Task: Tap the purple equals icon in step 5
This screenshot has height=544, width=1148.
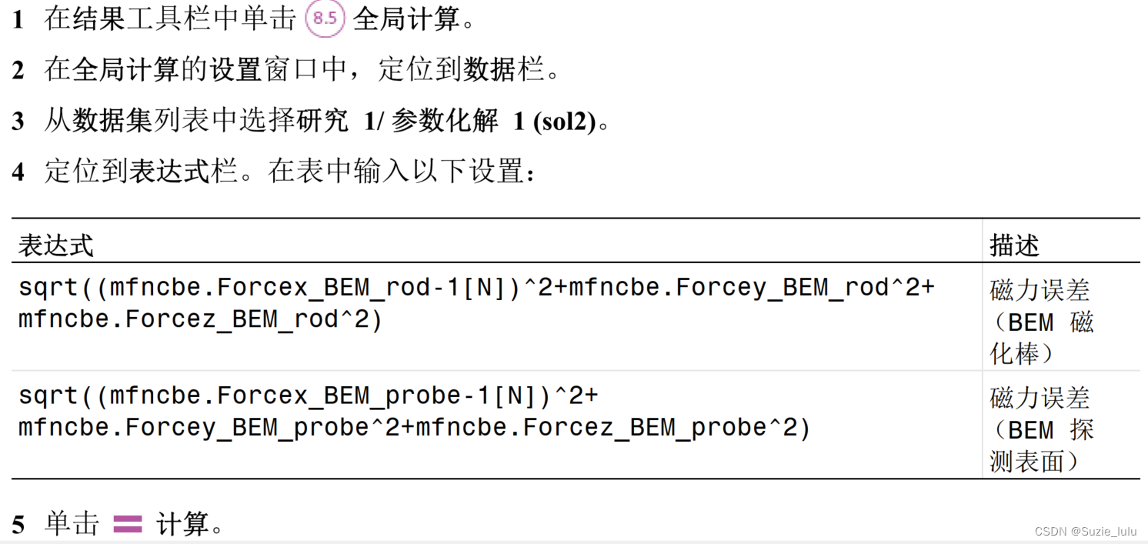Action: click(x=128, y=524)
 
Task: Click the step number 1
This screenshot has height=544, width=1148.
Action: click(x=18, y=20)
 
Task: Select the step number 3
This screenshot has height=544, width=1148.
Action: click(x=18, y=122)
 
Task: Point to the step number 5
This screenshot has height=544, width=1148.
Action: click(x=18, y=525)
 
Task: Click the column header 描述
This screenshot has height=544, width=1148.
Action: click(x=1014, y=245)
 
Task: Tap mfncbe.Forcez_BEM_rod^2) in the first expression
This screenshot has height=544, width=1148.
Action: click(x=200, y=319)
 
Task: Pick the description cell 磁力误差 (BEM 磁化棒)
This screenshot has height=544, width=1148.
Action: click(x=1040, y=322)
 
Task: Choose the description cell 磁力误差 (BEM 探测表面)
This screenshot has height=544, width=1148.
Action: click(x=1040, y=429)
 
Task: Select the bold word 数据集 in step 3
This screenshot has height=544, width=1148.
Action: click(x=112, y=122)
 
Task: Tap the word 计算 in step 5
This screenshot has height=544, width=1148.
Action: click(x=183, y=524)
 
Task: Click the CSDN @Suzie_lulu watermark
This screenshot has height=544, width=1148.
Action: click(x=1085, y=531)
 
